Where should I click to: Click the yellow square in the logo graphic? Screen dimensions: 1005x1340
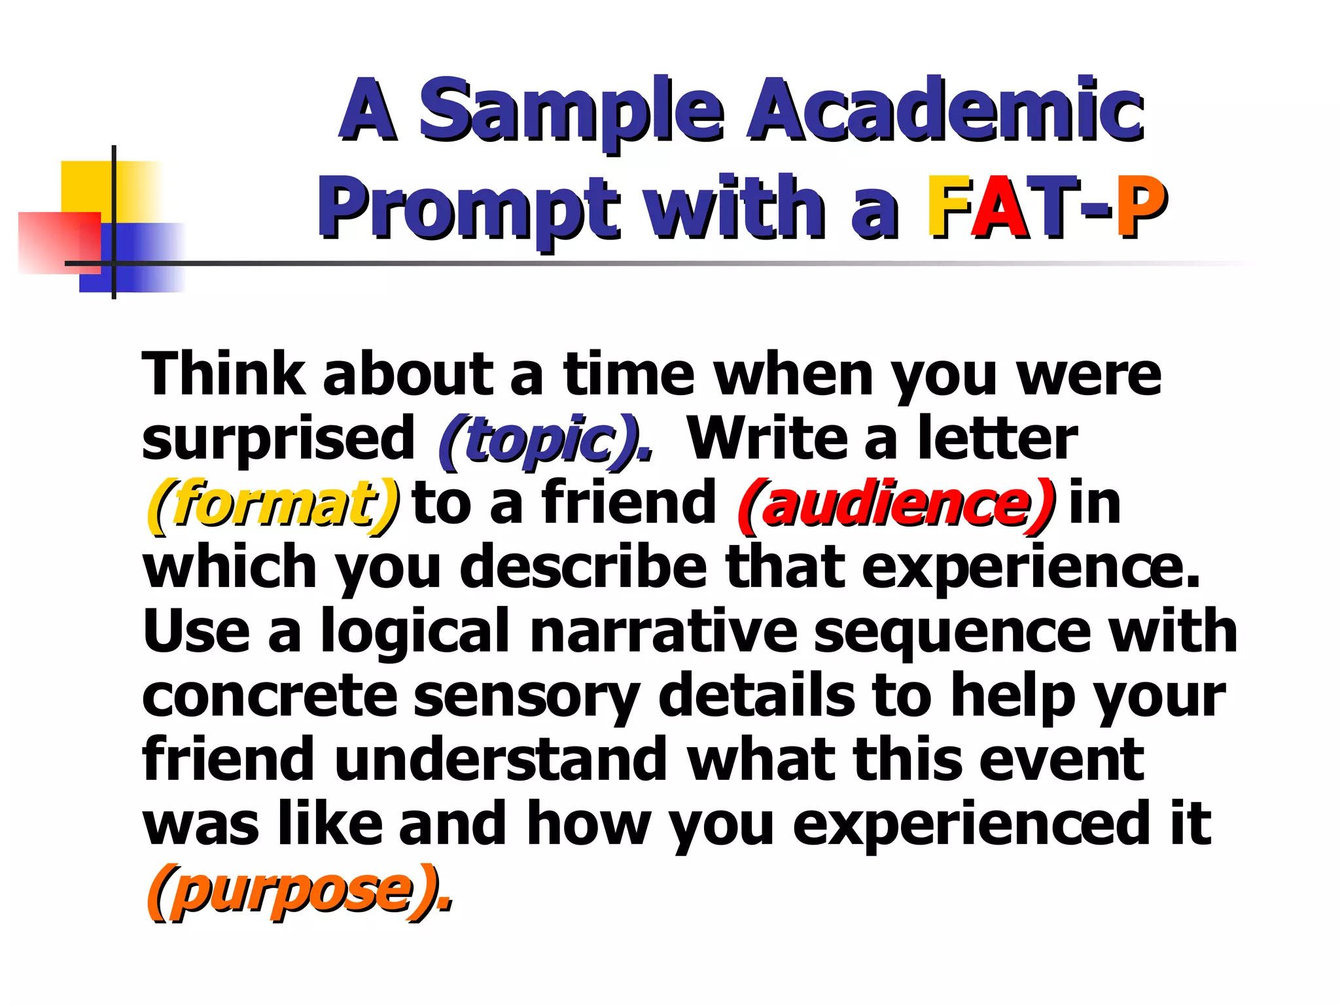click(85, 186)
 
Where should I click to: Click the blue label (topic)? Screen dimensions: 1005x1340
click(546, 440)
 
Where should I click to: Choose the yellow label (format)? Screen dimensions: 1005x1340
click(272, 504)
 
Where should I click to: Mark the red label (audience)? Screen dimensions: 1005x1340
click(896, 504)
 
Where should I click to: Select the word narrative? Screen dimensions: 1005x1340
click(663, 631)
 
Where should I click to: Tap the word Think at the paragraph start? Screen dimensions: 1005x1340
click(223, 375)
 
